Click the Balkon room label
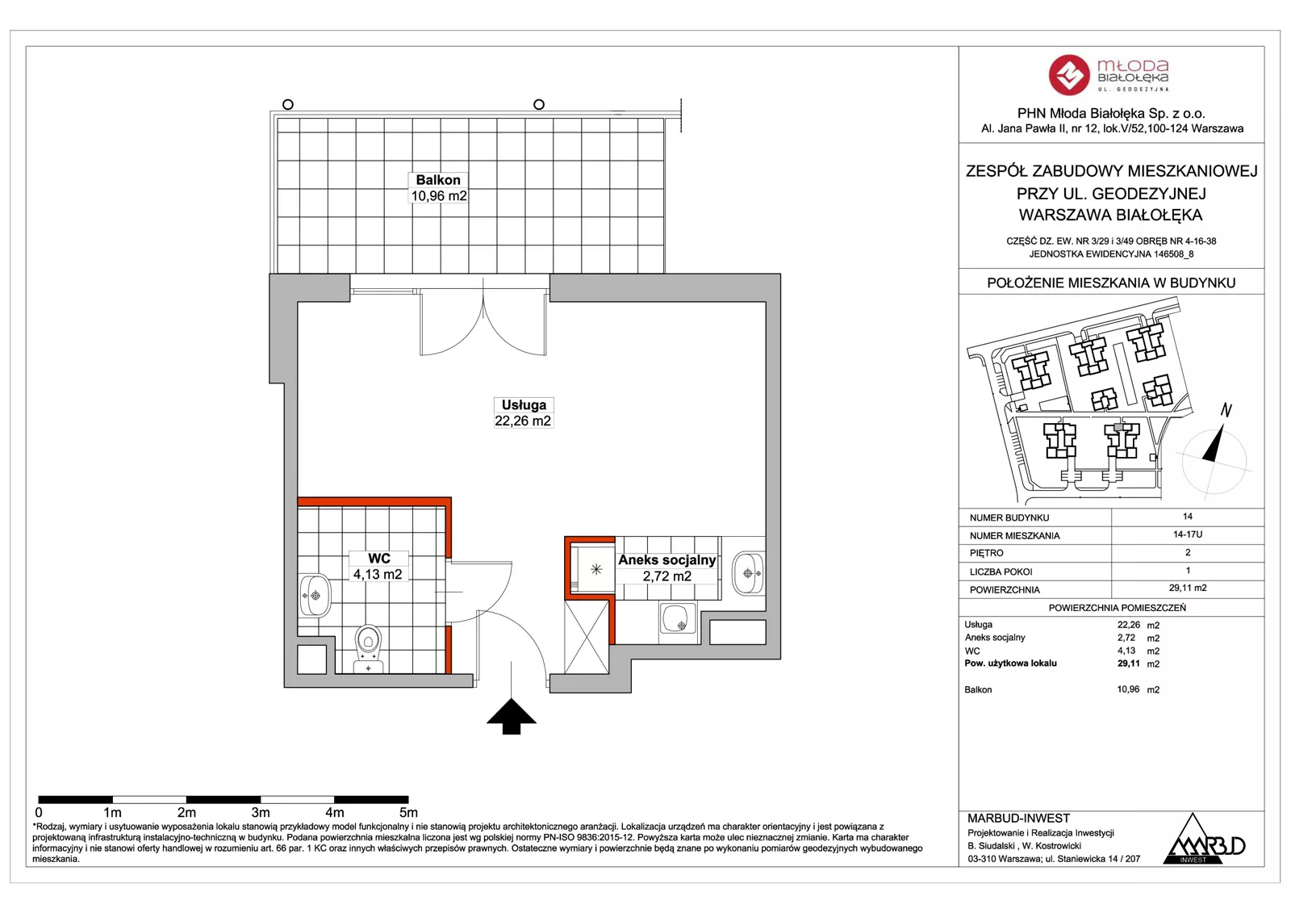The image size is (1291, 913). point(438,188)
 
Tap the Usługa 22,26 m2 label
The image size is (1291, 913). point(523,413)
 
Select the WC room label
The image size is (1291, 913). point(378,567)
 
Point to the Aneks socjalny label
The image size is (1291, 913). point(666,567)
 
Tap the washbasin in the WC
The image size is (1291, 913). point(315,595)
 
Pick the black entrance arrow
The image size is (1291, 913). point(512,717)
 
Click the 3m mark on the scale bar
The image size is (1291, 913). point(261,813)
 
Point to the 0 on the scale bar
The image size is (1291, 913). point(39,813)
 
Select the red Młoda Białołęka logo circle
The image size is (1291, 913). point(1069,75)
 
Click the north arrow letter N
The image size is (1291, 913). point(1226,410)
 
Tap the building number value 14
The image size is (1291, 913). point(1187,517)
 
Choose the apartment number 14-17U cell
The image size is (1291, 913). point(1187,534)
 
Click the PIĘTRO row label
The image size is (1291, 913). point(987,553)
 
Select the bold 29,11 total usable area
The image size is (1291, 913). point(1129,664)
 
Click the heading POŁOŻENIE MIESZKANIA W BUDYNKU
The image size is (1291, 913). point(1111,283)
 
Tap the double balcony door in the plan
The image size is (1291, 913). point(483,322)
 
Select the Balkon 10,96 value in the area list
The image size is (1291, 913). point(1128,689)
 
